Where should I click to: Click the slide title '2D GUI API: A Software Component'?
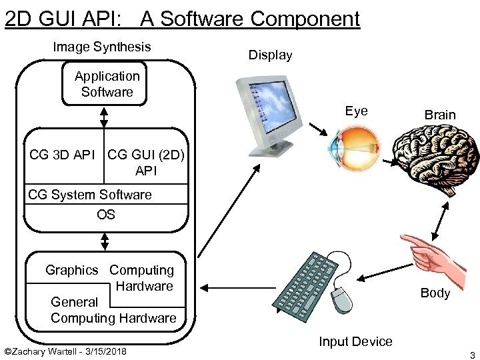182,19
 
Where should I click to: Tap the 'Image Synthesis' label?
101,47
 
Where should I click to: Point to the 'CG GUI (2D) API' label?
145,163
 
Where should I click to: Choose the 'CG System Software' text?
89,195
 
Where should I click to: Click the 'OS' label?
105,215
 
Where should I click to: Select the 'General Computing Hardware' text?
113,310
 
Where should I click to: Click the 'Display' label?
270,55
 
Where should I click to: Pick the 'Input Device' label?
355,342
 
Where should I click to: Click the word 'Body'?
435,293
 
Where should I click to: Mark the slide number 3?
471,354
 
